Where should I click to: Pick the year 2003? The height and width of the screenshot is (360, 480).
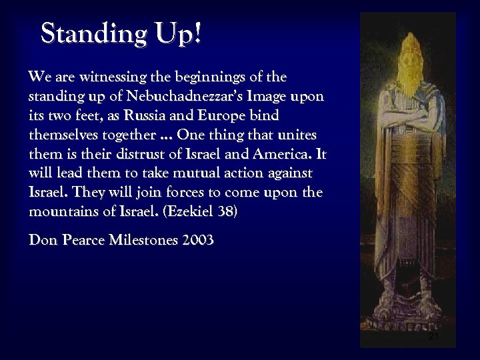click(198, 241)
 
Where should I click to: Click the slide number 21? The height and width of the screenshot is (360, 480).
click(434, 337)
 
